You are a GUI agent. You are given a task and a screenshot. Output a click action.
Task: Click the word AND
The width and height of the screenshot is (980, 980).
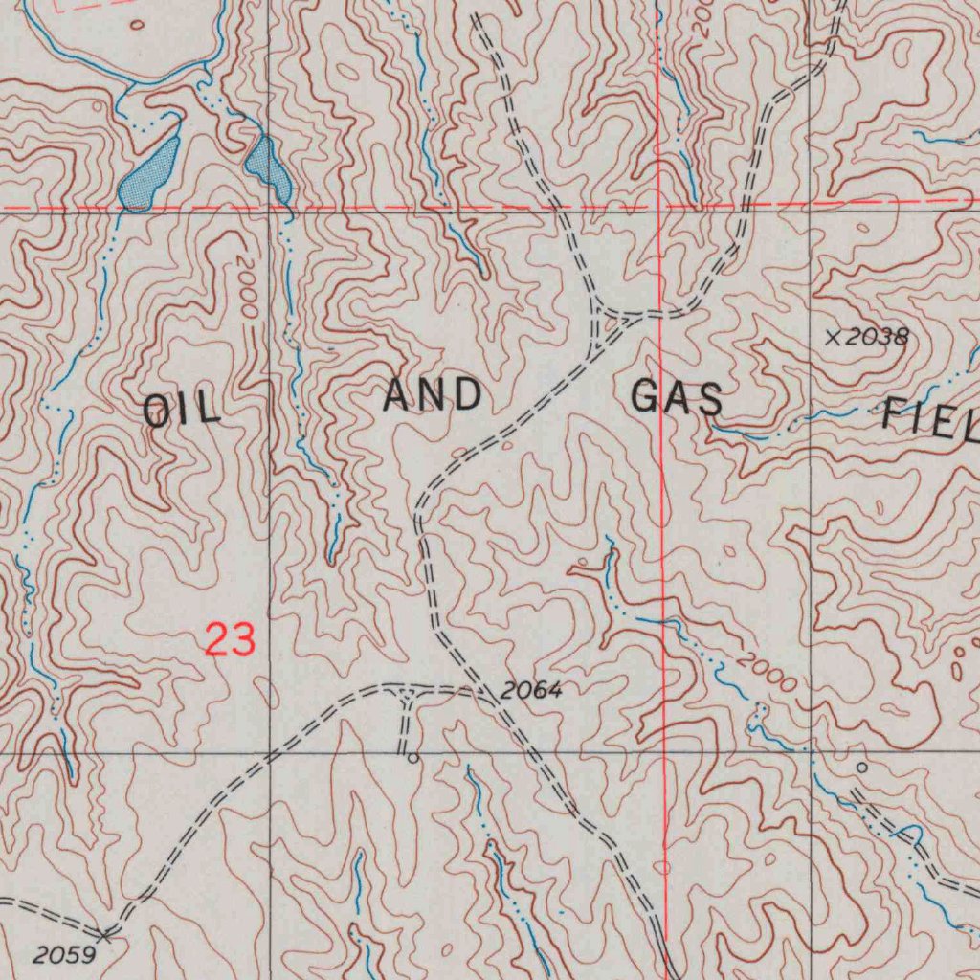tap(432, 395)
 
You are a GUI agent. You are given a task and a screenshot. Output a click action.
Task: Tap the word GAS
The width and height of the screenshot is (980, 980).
tap(677, 397)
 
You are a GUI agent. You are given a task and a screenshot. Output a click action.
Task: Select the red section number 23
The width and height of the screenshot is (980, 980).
tap(231, 638)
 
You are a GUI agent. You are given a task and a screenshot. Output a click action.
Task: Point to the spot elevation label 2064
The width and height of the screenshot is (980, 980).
tap(531, 690)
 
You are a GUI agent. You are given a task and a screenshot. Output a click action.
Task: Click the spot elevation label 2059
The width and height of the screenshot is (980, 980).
tap(63, 954)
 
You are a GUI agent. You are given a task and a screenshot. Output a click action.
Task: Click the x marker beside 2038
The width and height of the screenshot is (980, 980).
tap(833, 336)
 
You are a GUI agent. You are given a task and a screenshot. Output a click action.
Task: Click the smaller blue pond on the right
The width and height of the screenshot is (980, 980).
tap(269, 167)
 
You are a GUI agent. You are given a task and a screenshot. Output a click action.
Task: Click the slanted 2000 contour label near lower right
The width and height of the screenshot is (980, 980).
tap(767, 673)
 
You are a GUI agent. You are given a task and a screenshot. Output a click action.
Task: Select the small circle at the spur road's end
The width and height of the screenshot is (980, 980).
tap(412, 758)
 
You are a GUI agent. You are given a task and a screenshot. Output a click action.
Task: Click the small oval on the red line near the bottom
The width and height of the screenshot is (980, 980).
tap(663, 868)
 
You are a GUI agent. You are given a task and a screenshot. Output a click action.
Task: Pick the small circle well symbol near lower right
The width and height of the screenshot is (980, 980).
tap(861, 768)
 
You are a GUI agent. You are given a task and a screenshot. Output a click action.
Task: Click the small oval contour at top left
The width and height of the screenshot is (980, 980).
tap(136, 25)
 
